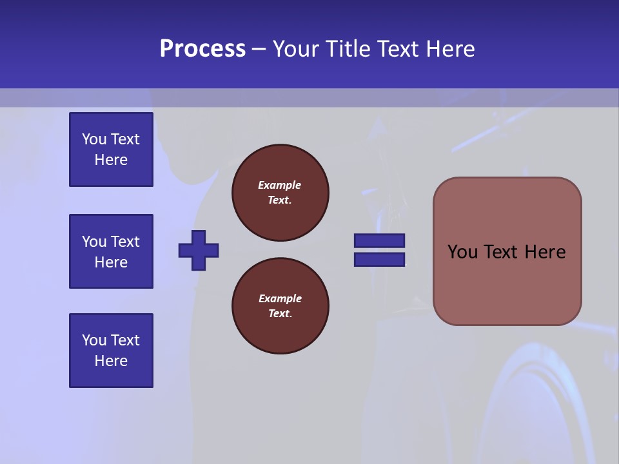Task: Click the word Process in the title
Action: (202, 49)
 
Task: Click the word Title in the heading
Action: (349, 49)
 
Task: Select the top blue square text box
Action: (111, 150)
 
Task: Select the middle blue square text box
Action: (111, 251)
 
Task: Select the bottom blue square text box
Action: (111, 350)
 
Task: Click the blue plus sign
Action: (199, 250)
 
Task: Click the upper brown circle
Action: (280, 193)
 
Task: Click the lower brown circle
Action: (280, 306)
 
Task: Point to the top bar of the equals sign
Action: (379, 241)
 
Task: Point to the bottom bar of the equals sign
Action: (379, 259)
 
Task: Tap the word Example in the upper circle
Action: (279, 185)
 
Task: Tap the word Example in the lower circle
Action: (280, 298)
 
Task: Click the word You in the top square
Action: (94, 139)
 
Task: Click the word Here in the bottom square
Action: (111, 361)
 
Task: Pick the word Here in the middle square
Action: (111, 262)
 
